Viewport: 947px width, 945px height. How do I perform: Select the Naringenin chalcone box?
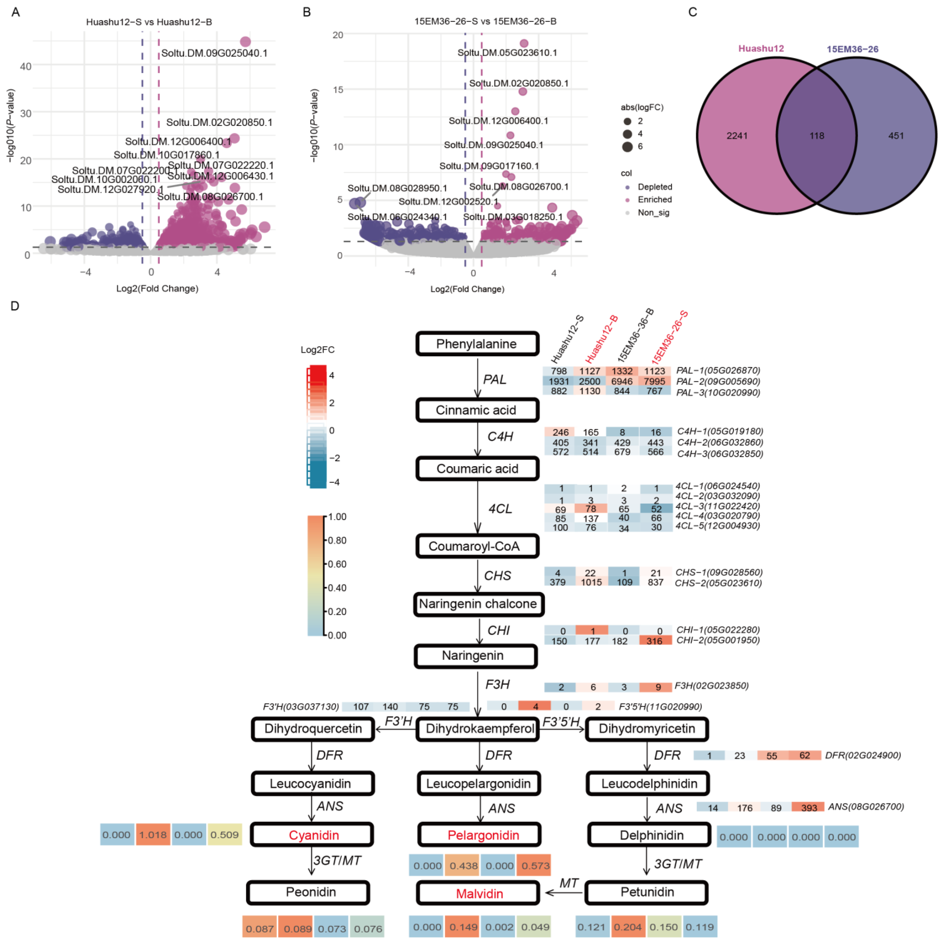tap(478, 604)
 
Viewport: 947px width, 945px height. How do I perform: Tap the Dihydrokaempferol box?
tap(479, 729)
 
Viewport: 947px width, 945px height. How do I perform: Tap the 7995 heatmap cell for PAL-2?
tap(654, 381)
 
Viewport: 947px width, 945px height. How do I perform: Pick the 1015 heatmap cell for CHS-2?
tap(591, 582)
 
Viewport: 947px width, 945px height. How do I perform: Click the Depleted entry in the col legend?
tap(654, 187)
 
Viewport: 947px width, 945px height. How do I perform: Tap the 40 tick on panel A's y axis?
tap(25, 66)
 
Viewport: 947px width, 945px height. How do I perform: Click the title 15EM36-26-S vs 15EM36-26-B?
tap(485, 21)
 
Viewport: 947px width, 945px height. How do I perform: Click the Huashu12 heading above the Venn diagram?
tap(761, 48)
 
